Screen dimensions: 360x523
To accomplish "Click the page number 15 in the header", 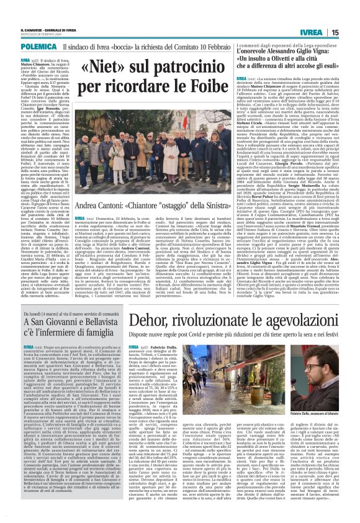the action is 352,32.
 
